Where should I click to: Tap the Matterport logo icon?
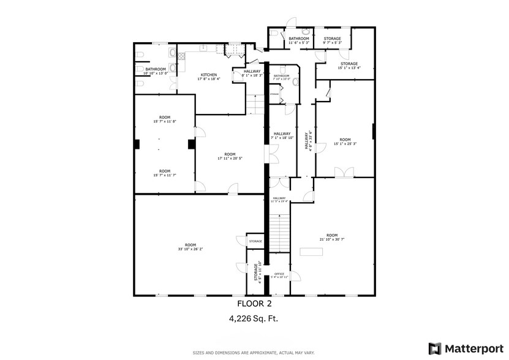click(x=434, y=348)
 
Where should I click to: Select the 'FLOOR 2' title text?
click(x=254, y=303)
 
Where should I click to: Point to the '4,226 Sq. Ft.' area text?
click(x=254, y=318)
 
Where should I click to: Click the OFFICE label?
click(x=279, y=274)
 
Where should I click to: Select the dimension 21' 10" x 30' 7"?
click(x=332, y=239)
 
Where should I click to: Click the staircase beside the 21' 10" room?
click(x=279, y=232)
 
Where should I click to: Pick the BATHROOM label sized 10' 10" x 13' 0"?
click(x=155, y=70)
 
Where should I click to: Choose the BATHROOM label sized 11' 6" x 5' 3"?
click(x=299, y=39)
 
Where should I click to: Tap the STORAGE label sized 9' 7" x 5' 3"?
click(x=332, y=39)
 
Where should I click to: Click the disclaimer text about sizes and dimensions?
click(x=254, y=353)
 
